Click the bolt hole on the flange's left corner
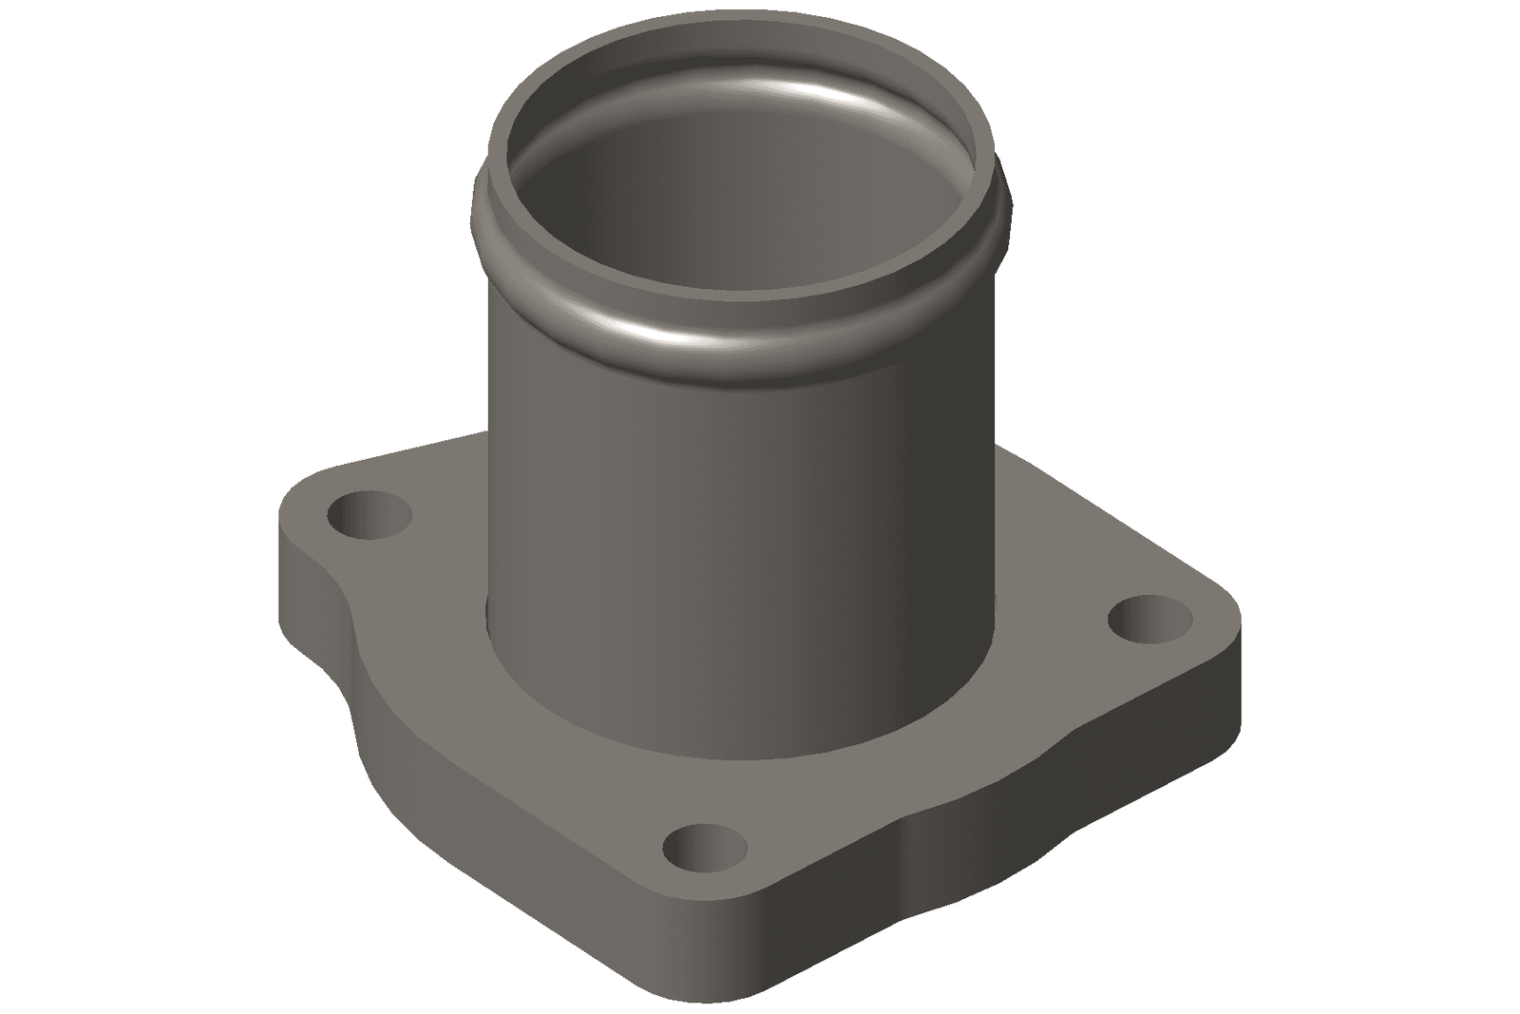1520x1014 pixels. [x=369, y=516]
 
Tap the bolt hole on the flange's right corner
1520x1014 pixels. [x=1150, y=619]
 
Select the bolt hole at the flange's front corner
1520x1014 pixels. [x=704, y=848]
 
